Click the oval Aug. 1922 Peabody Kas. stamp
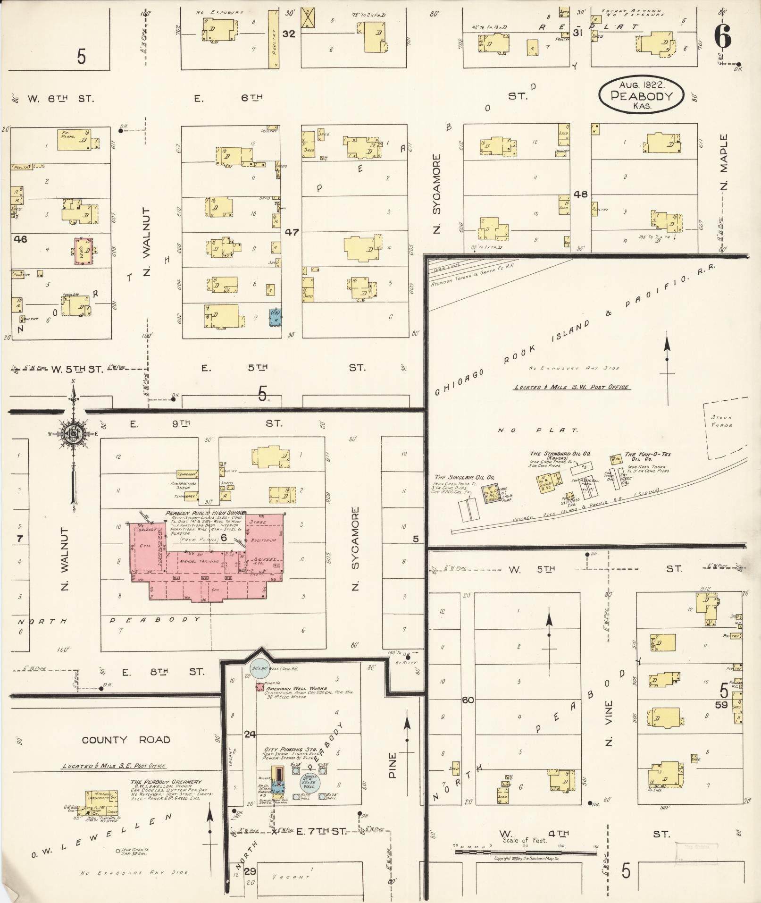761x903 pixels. pos(641,95)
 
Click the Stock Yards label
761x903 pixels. pos(722,422)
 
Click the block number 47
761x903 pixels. pos(292,232)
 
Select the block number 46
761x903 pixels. pos(21,239)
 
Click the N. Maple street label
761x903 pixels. pos(724,161)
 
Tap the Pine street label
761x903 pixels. pos(393,765)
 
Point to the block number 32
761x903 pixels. pos(289,34)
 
